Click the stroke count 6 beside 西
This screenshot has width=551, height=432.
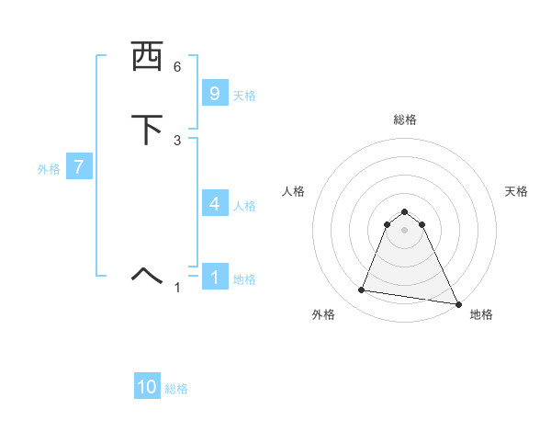(177, 67)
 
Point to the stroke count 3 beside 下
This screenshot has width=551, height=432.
(177, 141)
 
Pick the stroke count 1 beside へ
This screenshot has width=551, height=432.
(177, 288)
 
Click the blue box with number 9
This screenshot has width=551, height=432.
(214, 93)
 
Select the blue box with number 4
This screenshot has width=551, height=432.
(214, 204)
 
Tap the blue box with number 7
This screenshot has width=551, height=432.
(79, 167)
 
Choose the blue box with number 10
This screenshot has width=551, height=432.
(147, 387)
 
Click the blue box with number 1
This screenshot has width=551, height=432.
(214, 277)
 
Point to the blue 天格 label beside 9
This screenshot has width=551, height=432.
(244, 95)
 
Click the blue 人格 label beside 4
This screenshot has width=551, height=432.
(244, 206)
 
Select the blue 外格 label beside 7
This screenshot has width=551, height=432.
(49, 169)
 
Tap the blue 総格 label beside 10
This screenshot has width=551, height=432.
(176, 389)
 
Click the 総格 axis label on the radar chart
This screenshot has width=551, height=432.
(405, 119)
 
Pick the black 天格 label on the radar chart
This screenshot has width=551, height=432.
(517, 191)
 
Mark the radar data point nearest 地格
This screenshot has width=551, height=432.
(459, 305)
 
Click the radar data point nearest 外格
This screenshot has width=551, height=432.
(362, 290)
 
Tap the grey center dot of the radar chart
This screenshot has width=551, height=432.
(405, 230)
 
